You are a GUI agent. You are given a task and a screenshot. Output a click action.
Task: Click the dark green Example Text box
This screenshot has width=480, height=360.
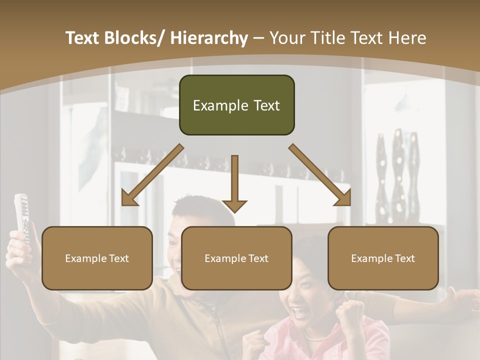click(236, 105)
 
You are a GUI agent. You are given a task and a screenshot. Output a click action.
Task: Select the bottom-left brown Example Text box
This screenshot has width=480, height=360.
click(97, 258)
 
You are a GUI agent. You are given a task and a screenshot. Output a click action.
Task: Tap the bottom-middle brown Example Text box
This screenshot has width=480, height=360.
click(236, 258)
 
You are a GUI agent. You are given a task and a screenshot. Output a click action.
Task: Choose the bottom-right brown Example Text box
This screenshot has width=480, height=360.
click(383, 258)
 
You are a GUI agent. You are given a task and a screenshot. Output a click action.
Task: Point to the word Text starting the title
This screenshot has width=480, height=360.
click(82, 38)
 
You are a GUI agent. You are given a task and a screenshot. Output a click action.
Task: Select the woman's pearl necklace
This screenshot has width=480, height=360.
click(315, 338)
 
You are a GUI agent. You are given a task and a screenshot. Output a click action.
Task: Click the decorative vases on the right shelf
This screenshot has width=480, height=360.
click(398, 170)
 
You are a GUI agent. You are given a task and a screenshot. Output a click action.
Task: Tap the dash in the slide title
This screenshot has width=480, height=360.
click(258, 38)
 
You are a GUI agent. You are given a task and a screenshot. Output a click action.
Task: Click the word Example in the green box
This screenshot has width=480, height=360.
click(214, 105)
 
